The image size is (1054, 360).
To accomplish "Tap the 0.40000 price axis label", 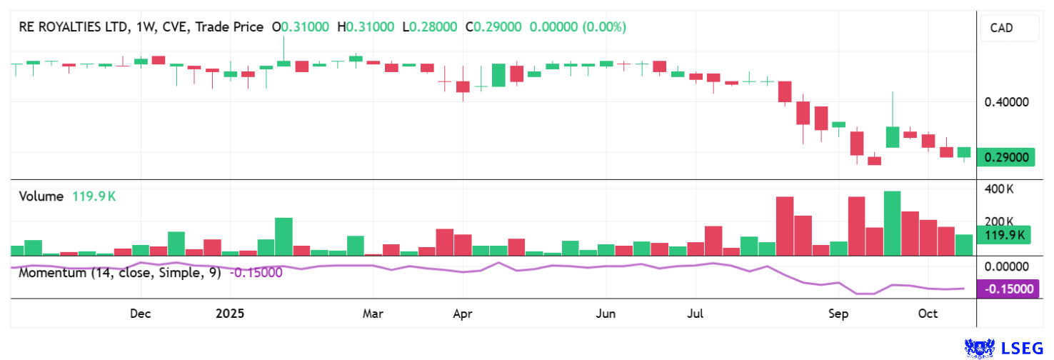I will pos(1006,102).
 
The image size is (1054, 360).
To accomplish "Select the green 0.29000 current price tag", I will pos(1006,157).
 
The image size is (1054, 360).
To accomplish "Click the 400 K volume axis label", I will pos(1000,189).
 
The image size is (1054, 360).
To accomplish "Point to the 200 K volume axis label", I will pos(1000,221).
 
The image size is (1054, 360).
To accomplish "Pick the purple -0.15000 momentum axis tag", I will pos(1008,289).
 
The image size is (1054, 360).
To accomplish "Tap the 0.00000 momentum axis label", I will pos(1006,266).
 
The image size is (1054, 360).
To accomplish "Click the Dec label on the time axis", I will pos(140,314).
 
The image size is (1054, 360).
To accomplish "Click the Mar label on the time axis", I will pos(373,314).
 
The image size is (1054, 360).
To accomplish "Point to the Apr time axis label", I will pos(463,314).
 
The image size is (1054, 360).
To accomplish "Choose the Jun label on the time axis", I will pos(606,314).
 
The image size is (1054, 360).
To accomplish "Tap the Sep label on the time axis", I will pos(838,314).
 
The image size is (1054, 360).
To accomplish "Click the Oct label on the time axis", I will pos(928,314).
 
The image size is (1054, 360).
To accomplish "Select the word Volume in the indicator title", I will pos(41,196).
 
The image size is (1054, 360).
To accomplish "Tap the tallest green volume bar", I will pos(892,223).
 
